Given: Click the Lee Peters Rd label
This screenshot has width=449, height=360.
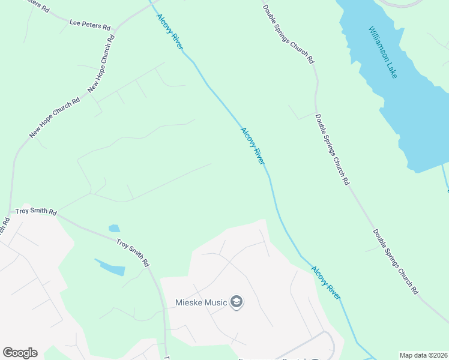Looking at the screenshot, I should (90, 26).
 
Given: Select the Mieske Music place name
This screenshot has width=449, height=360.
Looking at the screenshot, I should (200, 302).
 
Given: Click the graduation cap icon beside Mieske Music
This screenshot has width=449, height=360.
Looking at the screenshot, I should (237, 301).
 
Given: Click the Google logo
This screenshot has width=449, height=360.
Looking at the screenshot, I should (20, 353).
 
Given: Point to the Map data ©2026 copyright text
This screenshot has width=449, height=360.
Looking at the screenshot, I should (423, 355).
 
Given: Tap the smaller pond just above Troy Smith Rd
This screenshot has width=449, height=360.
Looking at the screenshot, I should (113, 229).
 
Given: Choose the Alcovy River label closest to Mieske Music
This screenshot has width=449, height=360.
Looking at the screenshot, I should (326, 283).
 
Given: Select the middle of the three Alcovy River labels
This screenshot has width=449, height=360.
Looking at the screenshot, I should (253, 145).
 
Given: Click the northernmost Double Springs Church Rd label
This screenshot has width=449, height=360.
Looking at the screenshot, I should (288, 34).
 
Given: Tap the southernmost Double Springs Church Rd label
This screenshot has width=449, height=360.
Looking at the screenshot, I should (394, 262).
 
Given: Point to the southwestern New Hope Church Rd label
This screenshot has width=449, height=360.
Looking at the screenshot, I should (55, 118).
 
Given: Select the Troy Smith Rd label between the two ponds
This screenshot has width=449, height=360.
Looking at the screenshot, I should (133, 253).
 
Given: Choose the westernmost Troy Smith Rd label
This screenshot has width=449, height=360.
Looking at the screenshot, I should (36, 212).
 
